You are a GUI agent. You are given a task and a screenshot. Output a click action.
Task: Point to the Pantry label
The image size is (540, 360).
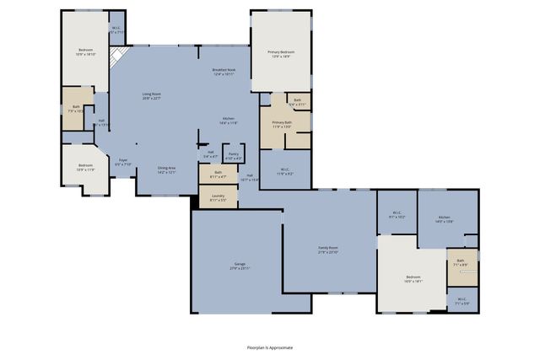point(234,156)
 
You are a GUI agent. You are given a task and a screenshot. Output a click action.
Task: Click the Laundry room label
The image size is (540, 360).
point(218,198)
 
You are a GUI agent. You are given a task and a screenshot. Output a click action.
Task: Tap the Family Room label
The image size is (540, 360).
point(327,250)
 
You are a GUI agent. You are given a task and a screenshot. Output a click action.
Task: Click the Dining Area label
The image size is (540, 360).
point(166,169)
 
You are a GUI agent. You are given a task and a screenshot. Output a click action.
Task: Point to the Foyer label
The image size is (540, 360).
point(122,162)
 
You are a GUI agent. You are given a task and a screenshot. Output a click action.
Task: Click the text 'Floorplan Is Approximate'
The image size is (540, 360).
point(270,347)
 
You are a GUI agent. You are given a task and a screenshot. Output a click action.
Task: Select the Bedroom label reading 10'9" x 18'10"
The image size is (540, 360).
point(86,51)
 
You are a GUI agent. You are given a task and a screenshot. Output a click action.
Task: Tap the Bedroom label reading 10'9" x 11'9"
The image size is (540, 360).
point(85,167)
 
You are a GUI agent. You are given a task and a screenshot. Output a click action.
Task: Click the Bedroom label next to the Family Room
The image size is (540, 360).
point(413,279)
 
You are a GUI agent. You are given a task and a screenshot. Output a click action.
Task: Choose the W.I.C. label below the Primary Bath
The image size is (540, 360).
point(284,172)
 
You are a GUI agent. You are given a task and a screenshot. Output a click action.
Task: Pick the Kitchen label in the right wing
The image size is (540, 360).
point(444,219)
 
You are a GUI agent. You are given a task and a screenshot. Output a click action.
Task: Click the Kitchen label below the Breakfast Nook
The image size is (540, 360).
point(228,121)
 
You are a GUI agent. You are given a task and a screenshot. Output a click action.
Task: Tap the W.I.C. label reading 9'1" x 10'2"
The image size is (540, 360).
point(397,215)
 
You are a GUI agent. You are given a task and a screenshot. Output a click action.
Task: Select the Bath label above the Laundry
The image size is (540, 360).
point(217,174)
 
